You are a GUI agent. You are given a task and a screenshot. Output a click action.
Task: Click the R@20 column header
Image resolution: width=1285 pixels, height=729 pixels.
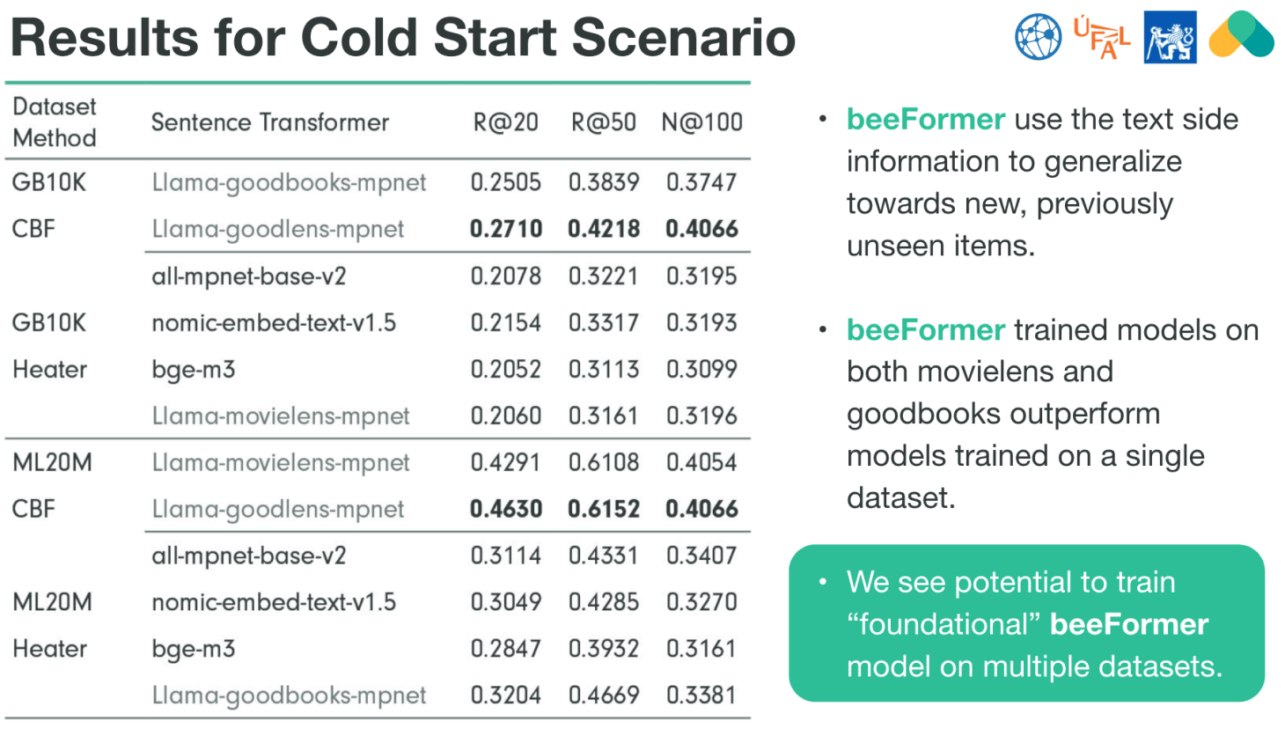click(505, 122)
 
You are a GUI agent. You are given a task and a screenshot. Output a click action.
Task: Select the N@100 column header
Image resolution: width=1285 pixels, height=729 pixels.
click(701, 122)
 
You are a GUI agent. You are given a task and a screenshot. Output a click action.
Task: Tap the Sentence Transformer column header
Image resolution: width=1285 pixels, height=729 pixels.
click(270, 122)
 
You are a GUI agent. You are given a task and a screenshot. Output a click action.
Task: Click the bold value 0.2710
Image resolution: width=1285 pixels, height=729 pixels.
click(506, 229)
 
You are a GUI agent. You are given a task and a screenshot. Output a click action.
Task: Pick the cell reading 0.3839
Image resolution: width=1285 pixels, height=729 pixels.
click(604, 182)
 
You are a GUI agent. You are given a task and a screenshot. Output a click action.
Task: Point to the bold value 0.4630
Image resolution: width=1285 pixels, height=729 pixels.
click(506, 509)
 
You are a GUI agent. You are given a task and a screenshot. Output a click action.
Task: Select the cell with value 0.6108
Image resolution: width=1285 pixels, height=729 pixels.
click(604, 462)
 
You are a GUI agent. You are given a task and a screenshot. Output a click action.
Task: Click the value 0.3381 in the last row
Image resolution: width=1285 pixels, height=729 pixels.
click(701, 696)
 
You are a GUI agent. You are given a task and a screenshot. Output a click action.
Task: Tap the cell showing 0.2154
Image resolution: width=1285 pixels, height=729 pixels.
click(506, 322)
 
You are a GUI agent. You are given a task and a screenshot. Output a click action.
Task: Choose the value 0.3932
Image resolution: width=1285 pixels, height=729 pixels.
click(604, 649)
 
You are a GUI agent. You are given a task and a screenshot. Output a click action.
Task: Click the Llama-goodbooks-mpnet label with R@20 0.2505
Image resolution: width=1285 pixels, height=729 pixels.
click(289, 183)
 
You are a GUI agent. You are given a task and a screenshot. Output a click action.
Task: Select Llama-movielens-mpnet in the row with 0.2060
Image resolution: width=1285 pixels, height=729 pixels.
click(281, 416)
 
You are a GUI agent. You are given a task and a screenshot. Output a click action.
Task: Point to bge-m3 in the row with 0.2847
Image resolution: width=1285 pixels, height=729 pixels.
click(194, 650)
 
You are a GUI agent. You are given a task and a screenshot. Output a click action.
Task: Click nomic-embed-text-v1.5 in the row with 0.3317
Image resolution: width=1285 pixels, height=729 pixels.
click(274, 323)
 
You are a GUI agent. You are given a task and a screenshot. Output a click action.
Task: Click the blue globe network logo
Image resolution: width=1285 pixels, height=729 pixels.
click(1039, 37)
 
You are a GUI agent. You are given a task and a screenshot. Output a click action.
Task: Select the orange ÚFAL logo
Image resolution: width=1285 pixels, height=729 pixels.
click(1101, 38)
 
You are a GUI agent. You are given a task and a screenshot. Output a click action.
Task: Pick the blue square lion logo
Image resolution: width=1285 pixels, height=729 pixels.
click(1171, 37)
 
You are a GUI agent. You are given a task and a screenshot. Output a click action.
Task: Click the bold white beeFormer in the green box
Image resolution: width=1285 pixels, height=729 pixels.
click(1129, 624)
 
